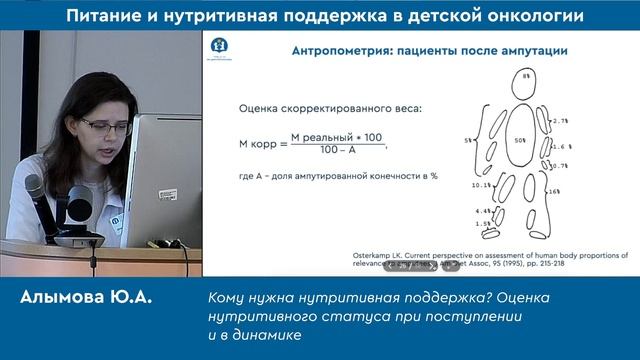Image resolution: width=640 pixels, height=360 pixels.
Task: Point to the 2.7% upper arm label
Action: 560,120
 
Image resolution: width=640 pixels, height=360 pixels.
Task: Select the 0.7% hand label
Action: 560,165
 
